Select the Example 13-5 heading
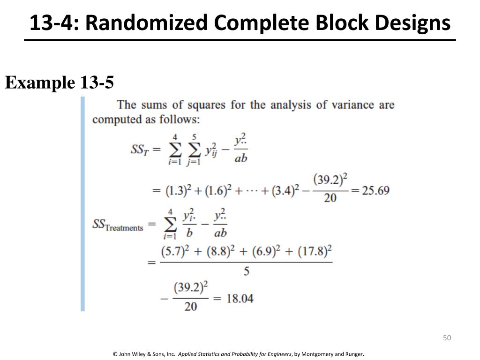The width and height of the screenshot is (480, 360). pos(60,83)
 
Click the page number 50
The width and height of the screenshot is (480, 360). pos(446,338)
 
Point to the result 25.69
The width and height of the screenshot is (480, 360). pos(375,191)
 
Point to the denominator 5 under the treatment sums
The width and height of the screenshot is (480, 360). pos(246,271)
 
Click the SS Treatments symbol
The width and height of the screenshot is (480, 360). pos(118,225)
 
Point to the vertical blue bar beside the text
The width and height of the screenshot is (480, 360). pos(83,204)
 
